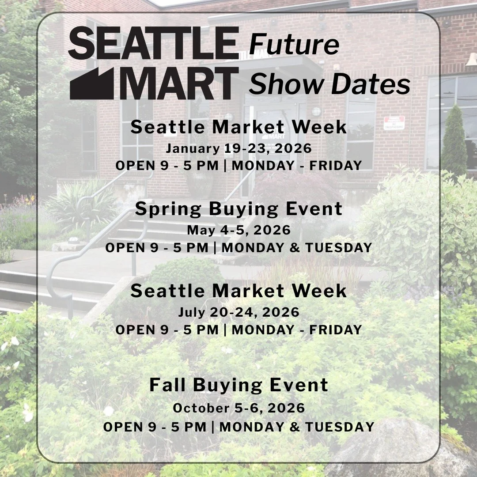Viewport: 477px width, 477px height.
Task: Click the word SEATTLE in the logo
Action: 153,43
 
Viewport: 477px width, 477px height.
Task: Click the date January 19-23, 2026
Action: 238,148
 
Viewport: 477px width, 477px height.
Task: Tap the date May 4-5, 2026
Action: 238,230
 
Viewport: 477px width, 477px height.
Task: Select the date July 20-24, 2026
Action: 238,312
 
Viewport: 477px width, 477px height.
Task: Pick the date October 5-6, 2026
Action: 238,408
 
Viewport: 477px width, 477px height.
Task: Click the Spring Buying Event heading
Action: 238,209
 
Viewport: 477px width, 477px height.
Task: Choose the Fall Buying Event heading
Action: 238,385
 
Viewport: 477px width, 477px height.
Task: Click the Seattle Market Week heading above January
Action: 238,127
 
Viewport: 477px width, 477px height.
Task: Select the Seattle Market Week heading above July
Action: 238,291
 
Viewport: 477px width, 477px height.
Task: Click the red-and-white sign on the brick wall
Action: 394,123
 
